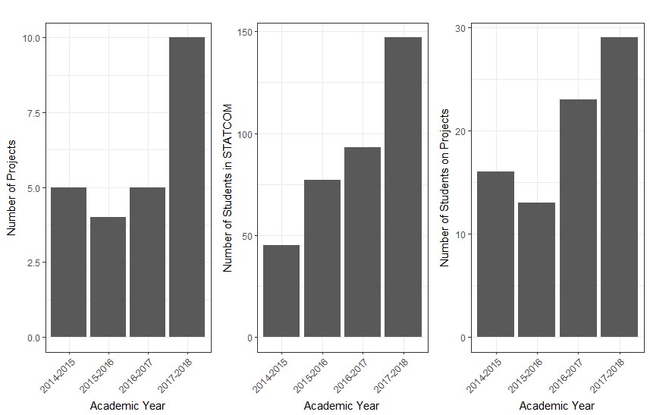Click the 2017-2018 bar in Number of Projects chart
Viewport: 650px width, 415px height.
click(187, 187)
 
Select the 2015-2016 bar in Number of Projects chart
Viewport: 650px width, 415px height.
click(108, 277)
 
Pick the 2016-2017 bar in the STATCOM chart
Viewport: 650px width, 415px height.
click(362, 242)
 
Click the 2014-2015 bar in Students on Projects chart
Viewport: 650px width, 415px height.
click(496, 254)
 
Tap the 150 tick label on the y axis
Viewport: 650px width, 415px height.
click(246, 32)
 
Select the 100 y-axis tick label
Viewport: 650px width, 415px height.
click(246, 134)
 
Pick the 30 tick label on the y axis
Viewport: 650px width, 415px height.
click(460, 27)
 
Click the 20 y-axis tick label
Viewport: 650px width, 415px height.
click(460, 130)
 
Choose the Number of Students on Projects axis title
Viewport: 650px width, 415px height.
click(445, 187)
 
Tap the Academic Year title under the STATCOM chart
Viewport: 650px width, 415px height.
click(342, 406)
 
